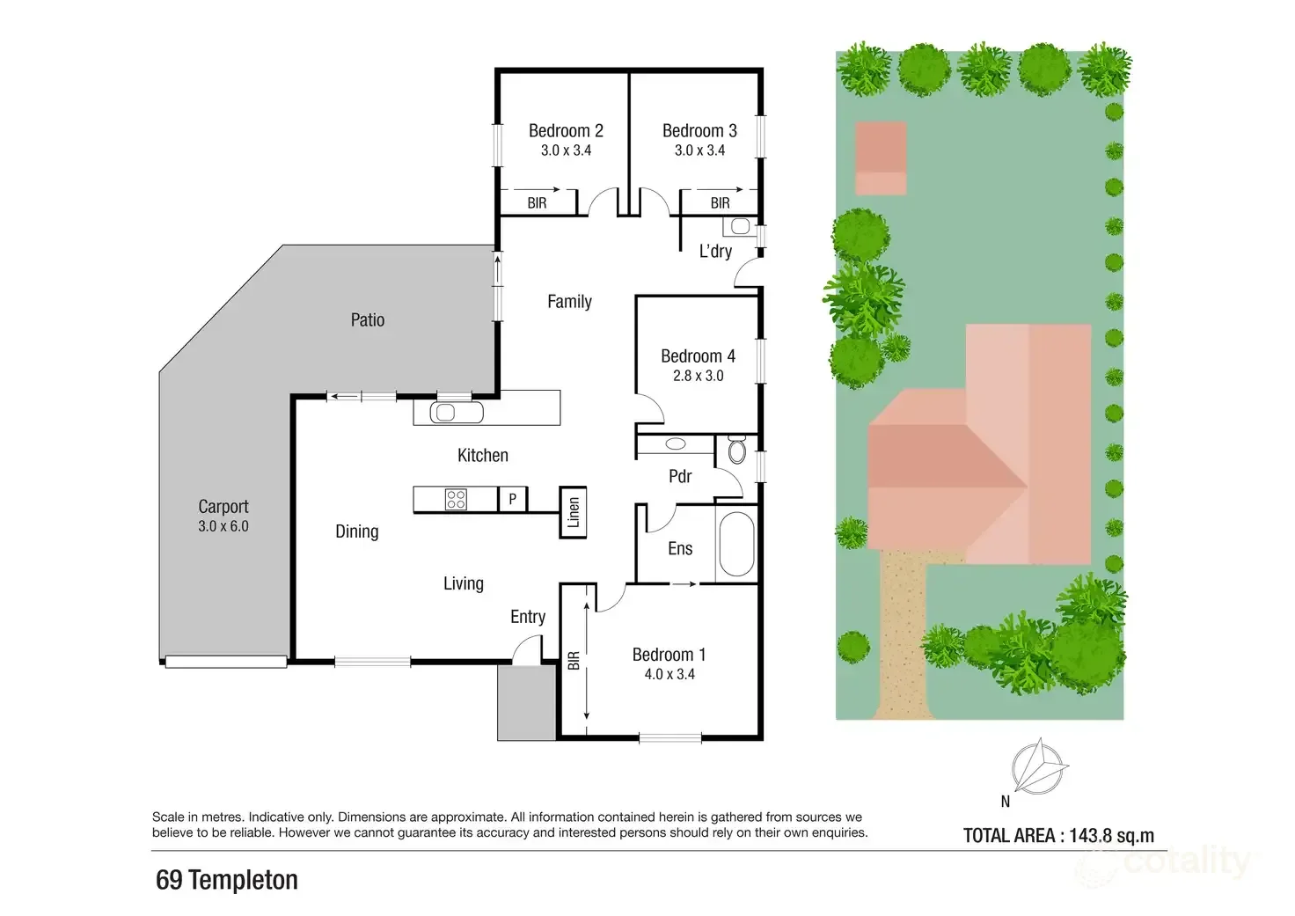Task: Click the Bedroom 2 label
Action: (x=566, y=131)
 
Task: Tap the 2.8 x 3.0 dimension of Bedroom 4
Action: (x=698, y=376)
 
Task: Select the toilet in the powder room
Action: (x=736, y=451)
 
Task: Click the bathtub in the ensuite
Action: (x=736, y=544)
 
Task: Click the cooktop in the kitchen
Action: (x=456, y=500)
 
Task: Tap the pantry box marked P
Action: (x=513, y=500)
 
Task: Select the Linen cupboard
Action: (x=574, y=512)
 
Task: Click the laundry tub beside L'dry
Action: (x=741, y=227)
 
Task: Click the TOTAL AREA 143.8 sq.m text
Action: (x=1058, y=836)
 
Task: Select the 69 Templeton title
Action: (x=227, y=880)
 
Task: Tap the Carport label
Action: (x=223, y=507)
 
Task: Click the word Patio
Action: (x=368, y=320)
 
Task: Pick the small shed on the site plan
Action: (x=881, y=158)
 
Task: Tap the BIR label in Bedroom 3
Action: (x=720, y=203)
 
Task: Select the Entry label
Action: (x=528, y=617)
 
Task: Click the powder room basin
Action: (x=677, y=444)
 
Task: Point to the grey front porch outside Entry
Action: (x=526, y=702)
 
